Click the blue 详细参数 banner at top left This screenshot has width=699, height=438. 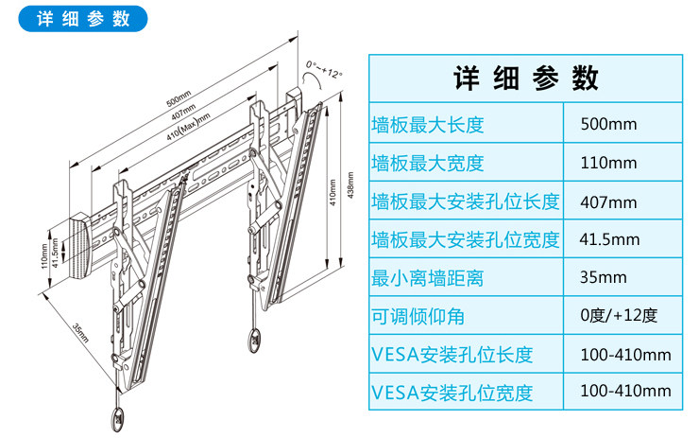(x=82, y=19)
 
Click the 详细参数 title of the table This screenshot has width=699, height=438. (x=526, y=77)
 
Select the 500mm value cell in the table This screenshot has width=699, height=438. (x=609, y=124)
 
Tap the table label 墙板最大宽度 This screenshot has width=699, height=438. (x=428, y=163)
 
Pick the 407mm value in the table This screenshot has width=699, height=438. (x=609, y=201)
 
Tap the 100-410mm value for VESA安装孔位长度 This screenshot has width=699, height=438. (x=625, y=355)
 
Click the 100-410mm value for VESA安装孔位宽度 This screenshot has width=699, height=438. (x=625, y=391)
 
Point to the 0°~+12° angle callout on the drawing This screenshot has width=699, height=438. (x=324, y=71)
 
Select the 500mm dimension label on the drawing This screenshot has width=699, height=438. (x=179, y=96)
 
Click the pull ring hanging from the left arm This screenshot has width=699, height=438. (x=117, y=415)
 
